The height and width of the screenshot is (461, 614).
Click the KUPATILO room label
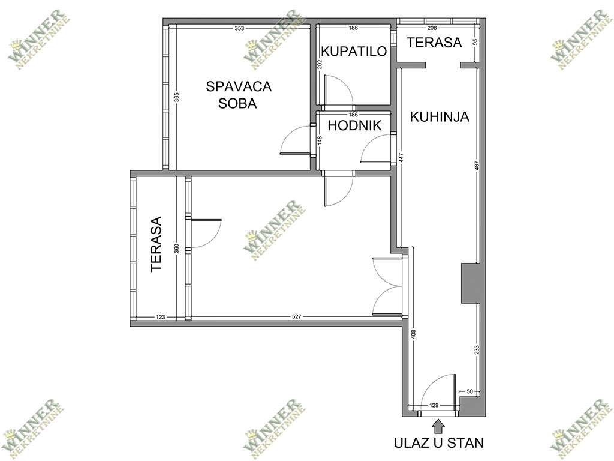354,52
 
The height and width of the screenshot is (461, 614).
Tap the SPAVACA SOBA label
239,95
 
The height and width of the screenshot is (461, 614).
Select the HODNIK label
354,125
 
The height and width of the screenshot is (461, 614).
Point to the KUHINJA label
440,117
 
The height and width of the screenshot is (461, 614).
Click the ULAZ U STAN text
438,442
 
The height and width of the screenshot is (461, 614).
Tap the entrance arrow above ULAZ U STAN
438,426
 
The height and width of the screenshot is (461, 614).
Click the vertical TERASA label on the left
156,244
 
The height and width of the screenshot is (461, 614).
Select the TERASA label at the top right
434,43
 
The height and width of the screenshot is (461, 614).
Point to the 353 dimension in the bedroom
239,28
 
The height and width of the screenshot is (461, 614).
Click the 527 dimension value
296,317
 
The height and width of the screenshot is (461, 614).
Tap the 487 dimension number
477,166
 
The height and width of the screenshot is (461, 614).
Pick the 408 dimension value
414,334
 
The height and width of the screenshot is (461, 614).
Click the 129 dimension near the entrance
434,405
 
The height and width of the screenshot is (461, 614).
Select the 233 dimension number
477,350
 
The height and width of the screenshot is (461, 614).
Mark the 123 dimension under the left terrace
161,317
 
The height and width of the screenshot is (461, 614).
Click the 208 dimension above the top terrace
432,28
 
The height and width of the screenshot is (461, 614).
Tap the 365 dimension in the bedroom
177,97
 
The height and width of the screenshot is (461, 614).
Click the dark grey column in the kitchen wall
471,283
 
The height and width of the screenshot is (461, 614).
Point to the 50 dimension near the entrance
470,391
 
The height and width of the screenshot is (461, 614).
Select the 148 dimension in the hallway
320,140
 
